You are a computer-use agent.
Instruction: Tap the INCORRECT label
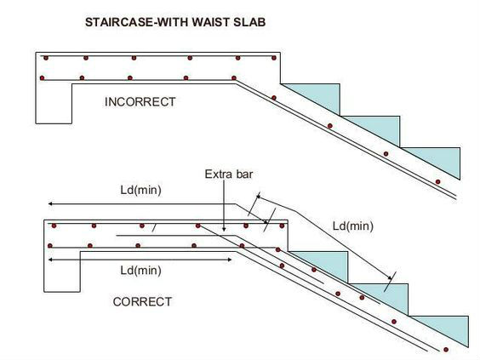click(x=140, y=102)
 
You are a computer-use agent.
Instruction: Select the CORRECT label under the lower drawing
click(x=142, y=302)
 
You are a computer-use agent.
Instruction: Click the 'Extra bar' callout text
click(x=229, y=174)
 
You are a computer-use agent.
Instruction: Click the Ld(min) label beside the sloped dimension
click(x=353, y=226)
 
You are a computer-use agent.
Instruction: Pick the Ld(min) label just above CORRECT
click(x=140, y=271)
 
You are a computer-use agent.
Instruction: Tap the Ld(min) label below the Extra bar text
click(x=140, y=190)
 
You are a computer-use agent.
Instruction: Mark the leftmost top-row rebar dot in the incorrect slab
click(x=46, y=58)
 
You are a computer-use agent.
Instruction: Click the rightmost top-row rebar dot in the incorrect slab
click(x=274, y=58)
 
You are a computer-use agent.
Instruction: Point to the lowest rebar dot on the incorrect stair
click(x=437, y=182)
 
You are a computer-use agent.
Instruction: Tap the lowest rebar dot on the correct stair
click(x=446, y=350)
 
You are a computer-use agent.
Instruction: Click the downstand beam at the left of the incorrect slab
click(x=54, y=103)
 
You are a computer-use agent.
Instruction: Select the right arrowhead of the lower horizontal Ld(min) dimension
click(x=229, y=260)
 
